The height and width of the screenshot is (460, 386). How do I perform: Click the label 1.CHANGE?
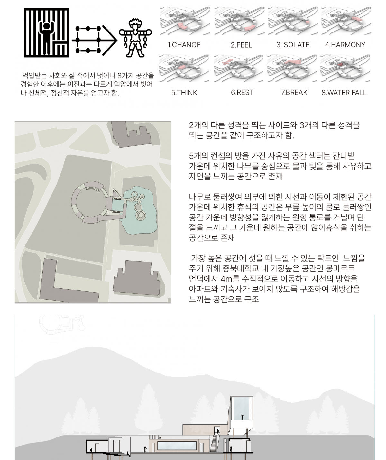184,45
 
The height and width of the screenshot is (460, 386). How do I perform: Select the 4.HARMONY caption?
345,45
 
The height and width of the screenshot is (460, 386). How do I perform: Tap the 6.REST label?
242,93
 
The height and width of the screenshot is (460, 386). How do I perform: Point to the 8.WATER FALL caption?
344,93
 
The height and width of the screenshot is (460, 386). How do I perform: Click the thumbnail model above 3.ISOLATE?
293,21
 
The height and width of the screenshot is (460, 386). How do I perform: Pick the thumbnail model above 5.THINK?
184,69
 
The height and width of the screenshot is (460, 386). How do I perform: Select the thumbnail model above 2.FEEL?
240,21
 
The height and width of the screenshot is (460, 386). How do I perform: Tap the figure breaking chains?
135,38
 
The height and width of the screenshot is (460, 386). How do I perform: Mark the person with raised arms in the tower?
242,417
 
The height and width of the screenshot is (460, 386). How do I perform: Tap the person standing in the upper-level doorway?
218,432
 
